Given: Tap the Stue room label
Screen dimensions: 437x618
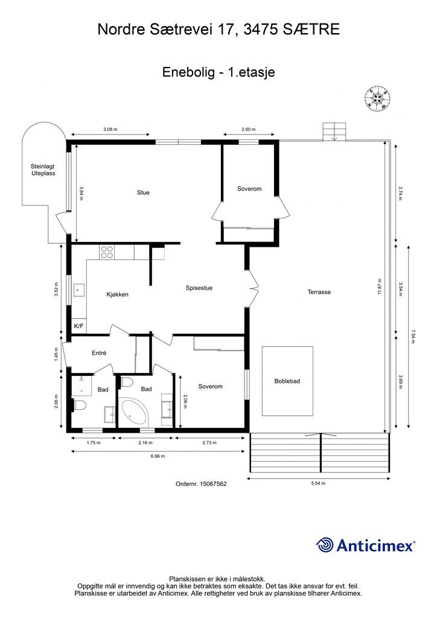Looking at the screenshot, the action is click(x=143, y=193).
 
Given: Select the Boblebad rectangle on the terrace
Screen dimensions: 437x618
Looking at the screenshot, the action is click(x=288, y=381).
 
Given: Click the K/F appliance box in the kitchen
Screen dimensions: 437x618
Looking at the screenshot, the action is click(x=79, y=326).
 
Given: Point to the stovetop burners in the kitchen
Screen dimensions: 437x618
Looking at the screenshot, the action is click(x=107, y=252).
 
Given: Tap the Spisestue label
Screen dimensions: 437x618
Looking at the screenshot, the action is click(x=199, y=288).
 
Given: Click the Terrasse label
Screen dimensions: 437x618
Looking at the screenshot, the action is click(x=319, y=292).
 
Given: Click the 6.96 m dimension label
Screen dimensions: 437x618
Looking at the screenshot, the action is click(x=158, y=456).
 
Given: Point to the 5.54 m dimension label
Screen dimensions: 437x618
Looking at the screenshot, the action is click(x=318, y=483).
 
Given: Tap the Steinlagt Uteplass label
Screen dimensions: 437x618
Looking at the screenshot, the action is click(x=43, y=170).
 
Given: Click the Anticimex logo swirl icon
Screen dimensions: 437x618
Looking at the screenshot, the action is click(x=325, y=545).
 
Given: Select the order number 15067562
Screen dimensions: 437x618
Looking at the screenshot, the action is click(x=213, y=483).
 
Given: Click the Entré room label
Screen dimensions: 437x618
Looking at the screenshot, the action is click(x=99, y=353).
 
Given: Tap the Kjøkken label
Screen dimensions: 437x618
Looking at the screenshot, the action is click(x=118, y=295).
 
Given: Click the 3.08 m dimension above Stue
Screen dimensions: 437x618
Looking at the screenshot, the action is click(x=110, y=129).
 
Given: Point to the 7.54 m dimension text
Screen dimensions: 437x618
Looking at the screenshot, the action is click(x=413, y=336).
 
